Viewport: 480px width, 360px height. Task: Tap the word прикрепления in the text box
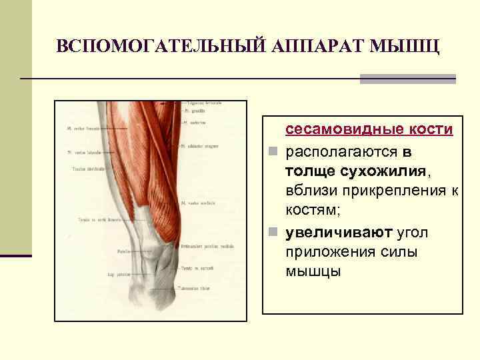(390, 191)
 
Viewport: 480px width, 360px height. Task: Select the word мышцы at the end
(313, 271)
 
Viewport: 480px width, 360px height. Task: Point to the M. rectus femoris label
(83, 127)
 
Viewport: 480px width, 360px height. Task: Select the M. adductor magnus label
(204, 144)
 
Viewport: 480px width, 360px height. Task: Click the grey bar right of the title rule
(407, 79)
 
